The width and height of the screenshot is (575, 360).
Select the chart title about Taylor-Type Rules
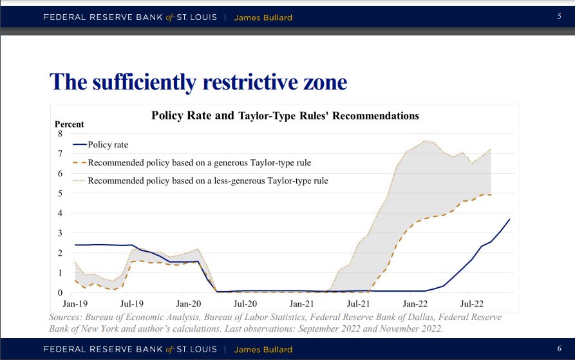pyautogui.click(x=285, y=116)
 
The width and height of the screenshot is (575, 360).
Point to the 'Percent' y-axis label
pyautogui.click(x=68, y=124)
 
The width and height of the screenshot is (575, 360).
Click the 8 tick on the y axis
pyautogui.click(x=61, y=134)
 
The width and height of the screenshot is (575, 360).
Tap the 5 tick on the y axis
pyautogui.click(x=61, y=193)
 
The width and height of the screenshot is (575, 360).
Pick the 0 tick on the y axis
pyautogui.click(x=61, y=292)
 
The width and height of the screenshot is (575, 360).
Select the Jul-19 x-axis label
pyautogui.click(x=131, y=302)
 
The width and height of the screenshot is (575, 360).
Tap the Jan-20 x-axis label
pyautogui.click(x=187, y=302)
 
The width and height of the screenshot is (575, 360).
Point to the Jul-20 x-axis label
pyautogui.click(x=245, y=302)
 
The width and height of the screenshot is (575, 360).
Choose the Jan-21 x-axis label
pyautogui.click(x=301, y=302)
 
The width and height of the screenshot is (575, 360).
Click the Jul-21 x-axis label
pyautogui.click(x=358, y=302)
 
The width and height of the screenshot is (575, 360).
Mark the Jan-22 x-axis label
pyautogui.click(x=415, y=302)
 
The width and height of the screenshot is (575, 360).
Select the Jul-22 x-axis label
pyautogui.click(x=472, y=302)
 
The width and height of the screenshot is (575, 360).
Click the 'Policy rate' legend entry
pyautogui.click(x=109, y=144)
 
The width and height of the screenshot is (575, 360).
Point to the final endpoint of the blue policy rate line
pyautogui.click(x=510, y=220)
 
